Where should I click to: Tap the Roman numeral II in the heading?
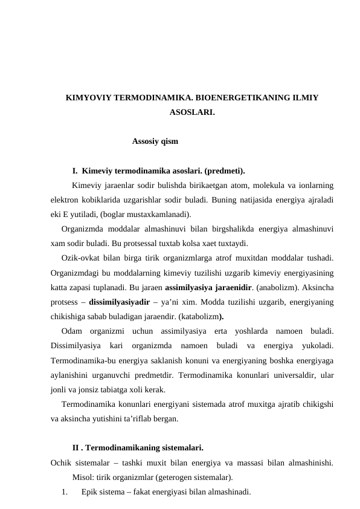pos(76,448)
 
